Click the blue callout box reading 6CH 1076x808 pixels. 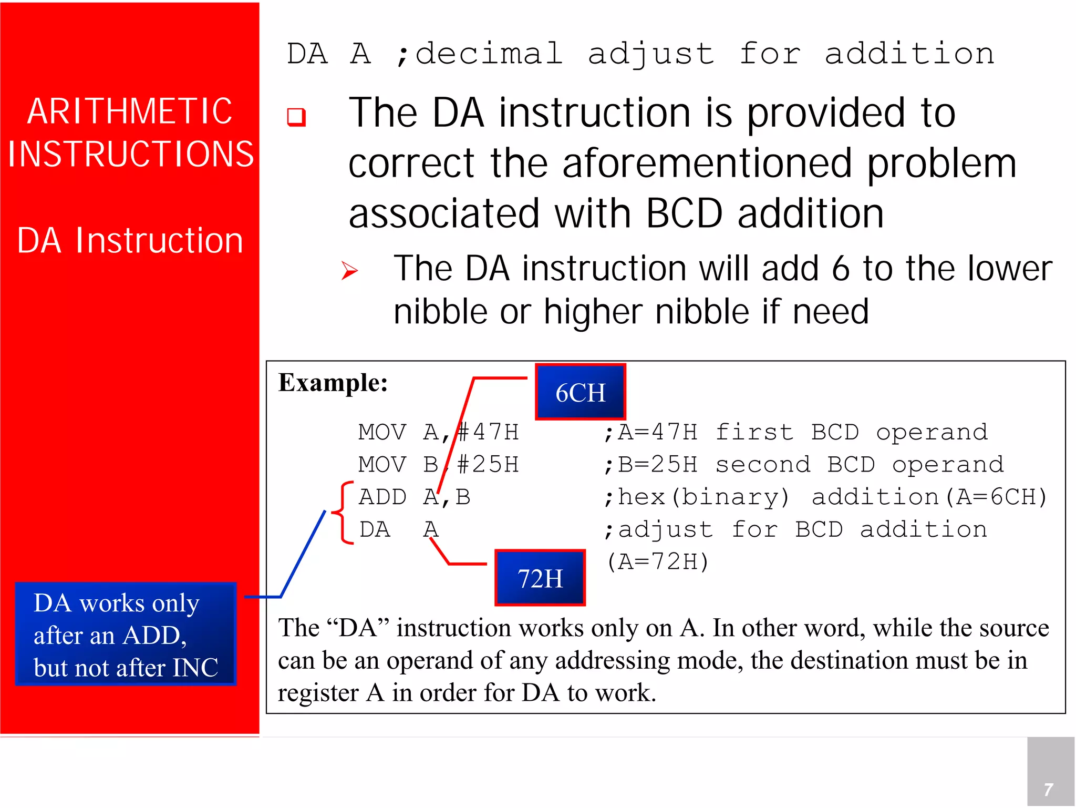pyautogui.click(x=580, y=392)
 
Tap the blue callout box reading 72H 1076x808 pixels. pyautogui.click(x=540, y=578)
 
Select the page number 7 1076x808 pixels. pyautogui.click(x=1048, y=789)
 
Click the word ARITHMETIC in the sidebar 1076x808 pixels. pyautogui.click(x=129, y=111)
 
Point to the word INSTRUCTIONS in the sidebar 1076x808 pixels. pyautogui.click(x=130, y=155)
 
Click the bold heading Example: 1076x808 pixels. pyautogui.click(x=333, y=383)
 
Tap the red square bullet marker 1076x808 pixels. pyautogui.click(x=296, y=117)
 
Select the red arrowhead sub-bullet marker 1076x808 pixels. pyautogui.click(x=349, y=271)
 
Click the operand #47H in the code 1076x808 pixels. pyautogui.click(x=488, y=432)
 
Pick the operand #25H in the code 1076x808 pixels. pyautogui.click(x=488, y=465)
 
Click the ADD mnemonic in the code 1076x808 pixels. pyautogui.click(x=382, y=497)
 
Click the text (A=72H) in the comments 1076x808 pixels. pyautogui.click(x=658, y=562)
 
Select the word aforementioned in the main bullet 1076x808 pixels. pyautogui.click(x=707, y=164)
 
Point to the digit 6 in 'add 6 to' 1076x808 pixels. pyautogui.click(x=840, y=269)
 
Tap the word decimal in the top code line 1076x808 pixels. pyautogui.click(x=489, y=54)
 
